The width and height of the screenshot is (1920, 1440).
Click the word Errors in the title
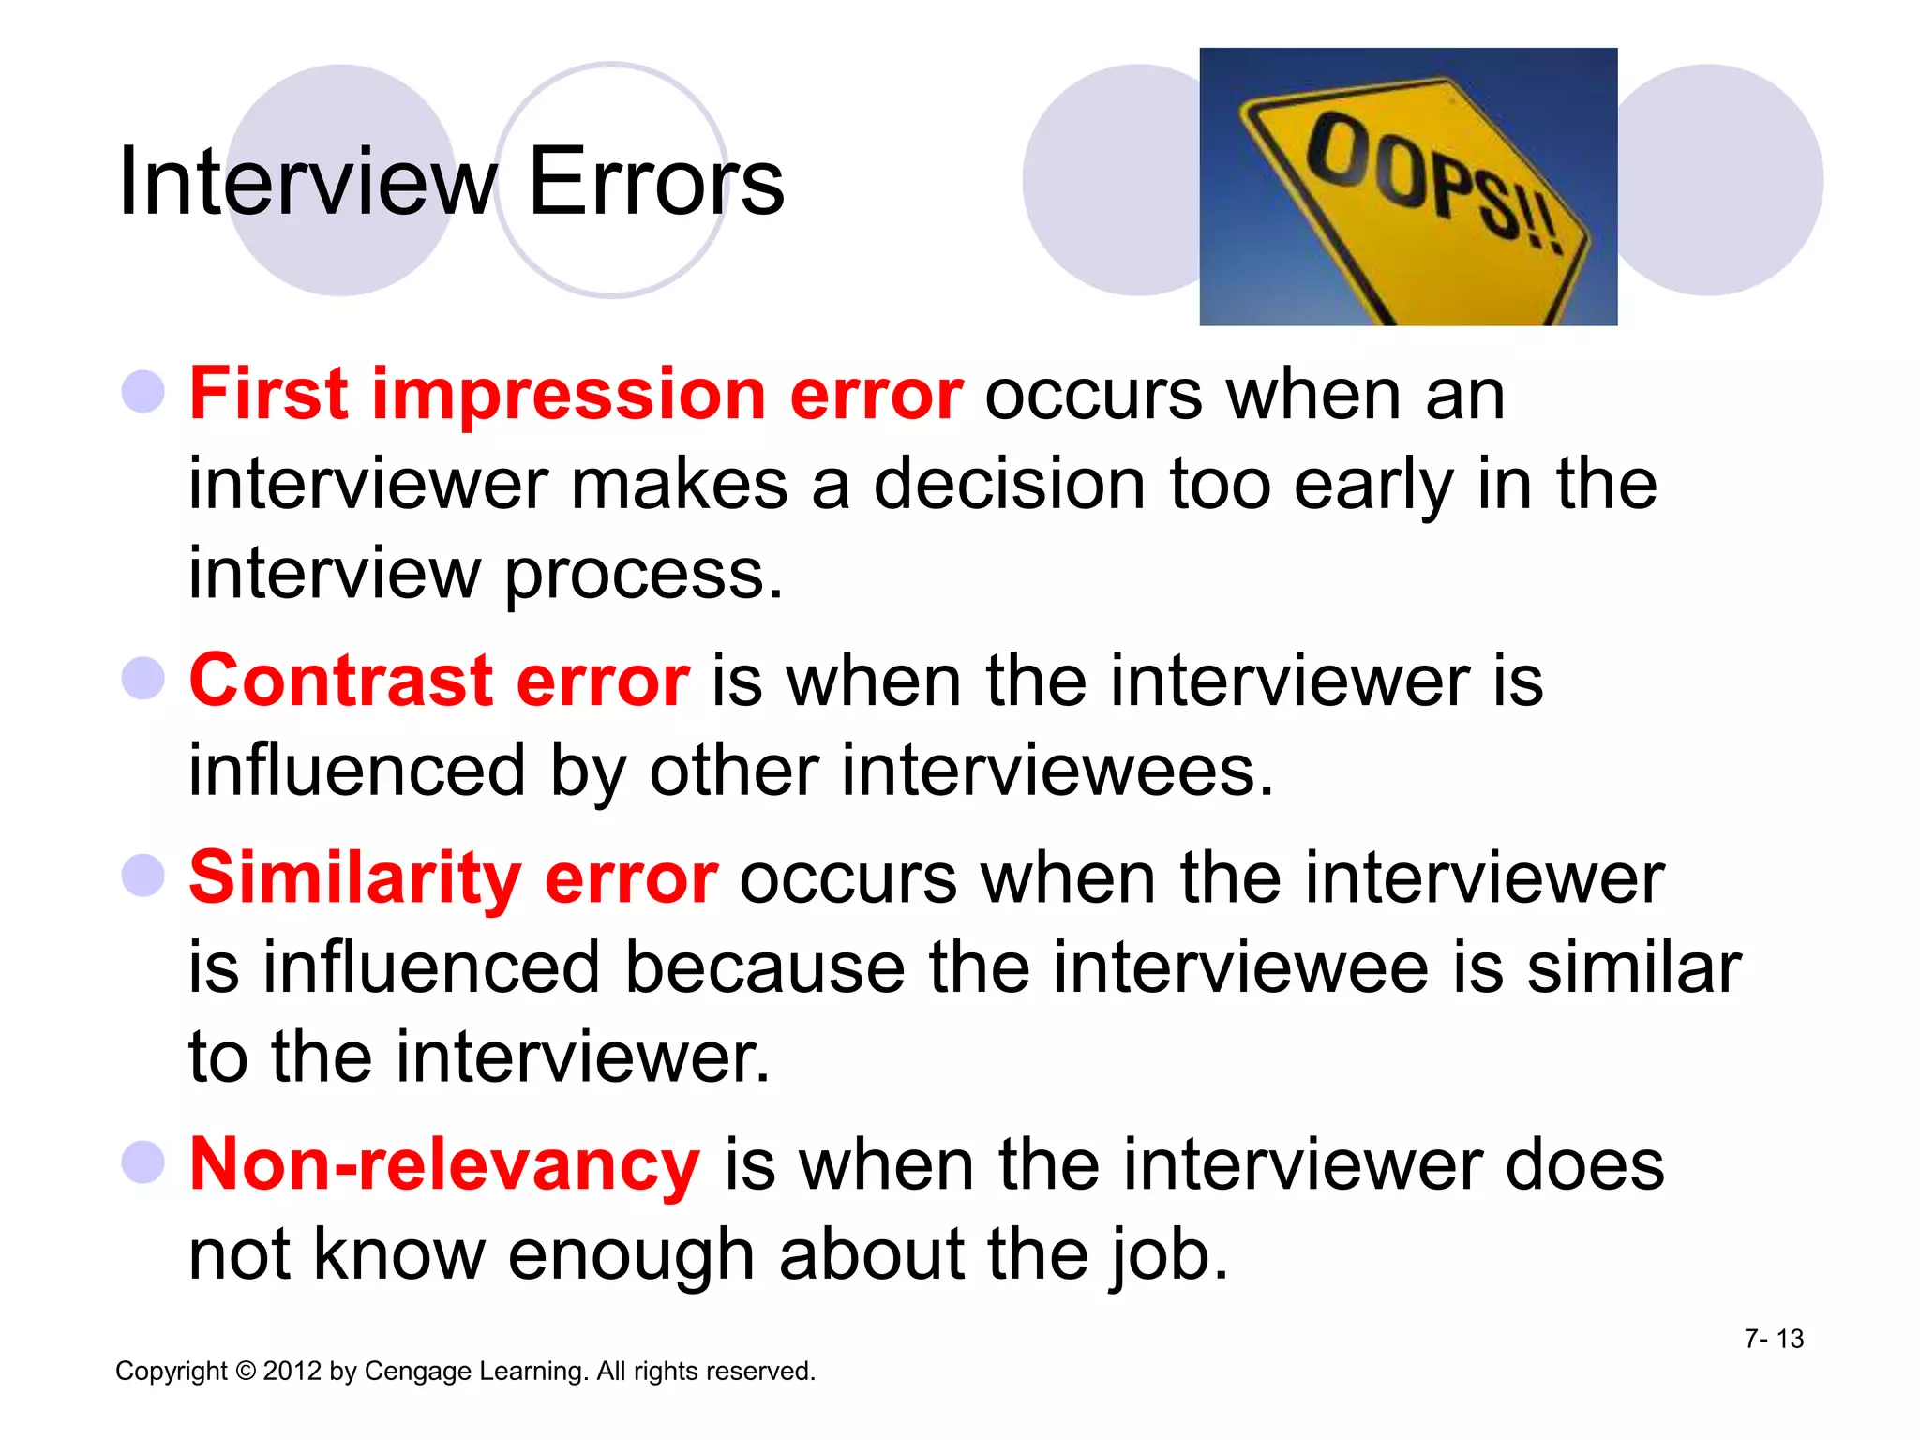click(x=656, y=182)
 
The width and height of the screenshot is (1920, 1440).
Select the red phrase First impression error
click(x=576, y=395)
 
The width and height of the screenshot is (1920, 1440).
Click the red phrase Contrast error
click(x=439, y=681)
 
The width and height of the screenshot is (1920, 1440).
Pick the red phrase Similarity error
click(x=454, y=878)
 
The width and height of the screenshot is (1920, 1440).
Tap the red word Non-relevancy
click(x=444, y=1165)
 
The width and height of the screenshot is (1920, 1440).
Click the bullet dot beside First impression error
click(x=143, y=392)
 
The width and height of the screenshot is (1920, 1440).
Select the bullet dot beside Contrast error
click(x=143, y=678)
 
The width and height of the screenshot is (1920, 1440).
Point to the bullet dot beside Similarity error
click(x=143, y=876)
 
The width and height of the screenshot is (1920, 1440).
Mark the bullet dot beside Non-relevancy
click(x=143, y=1162)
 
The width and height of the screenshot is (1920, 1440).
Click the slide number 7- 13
click(x=1774, y=1339)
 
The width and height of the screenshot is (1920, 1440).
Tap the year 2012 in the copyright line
click(x=292, y=1372)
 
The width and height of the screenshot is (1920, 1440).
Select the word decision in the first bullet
click(x=1011, y=486)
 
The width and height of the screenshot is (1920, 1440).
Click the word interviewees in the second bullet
click(x=1057, y=772)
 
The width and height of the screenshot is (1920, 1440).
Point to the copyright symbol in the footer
click(x=246, y=1372)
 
